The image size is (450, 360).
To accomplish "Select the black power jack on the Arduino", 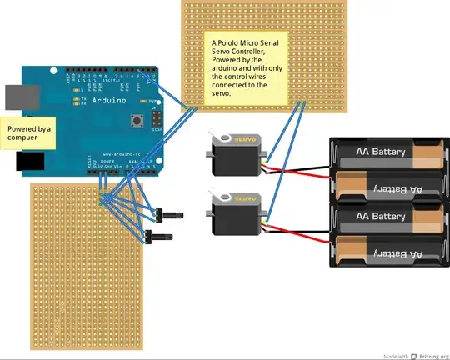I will (x=17, y=162).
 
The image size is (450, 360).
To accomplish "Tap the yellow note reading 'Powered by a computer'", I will (x=29, y=134).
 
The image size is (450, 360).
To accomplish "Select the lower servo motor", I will (x=238, y=212).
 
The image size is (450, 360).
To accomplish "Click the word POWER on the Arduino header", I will (x=107, y=159).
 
